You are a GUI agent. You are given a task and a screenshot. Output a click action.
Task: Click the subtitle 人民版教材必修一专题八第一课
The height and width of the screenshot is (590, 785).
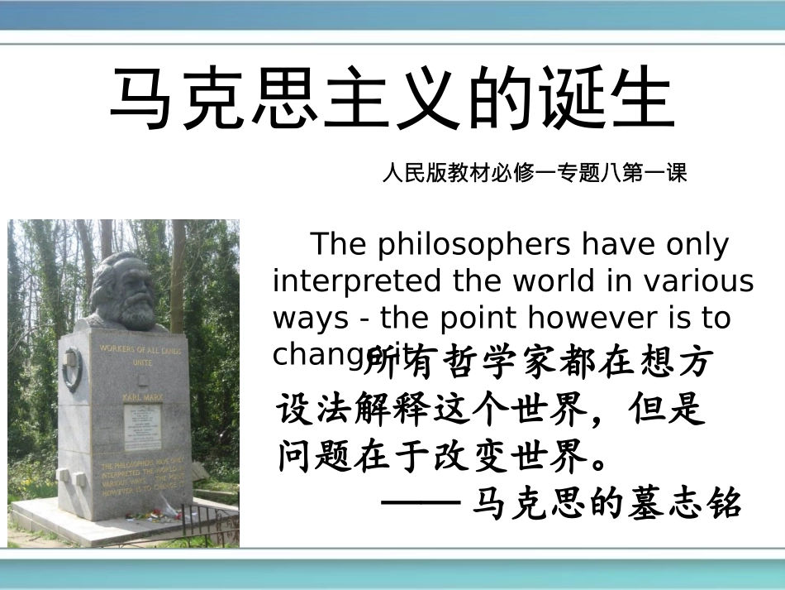535,174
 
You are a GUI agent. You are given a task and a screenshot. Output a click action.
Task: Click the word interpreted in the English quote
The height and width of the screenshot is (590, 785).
359,281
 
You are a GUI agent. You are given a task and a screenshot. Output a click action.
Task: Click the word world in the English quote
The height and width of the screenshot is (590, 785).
549,281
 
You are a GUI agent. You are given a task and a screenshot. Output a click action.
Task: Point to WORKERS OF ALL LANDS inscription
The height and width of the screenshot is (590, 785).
140,348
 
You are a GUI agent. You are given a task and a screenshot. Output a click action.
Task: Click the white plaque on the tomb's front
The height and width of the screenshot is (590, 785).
142,426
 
